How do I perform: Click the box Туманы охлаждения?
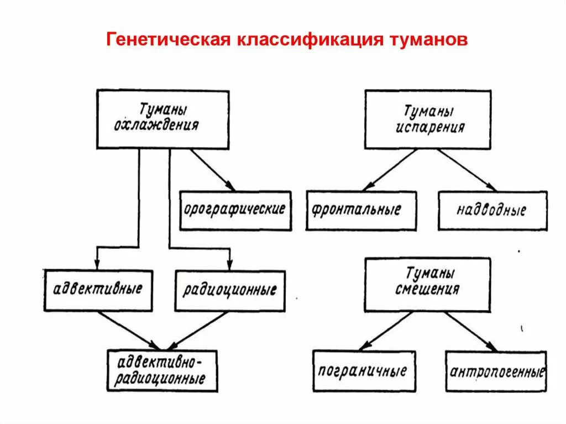tap(163, 119)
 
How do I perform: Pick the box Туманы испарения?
tap(427, 120)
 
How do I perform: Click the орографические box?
tap(235, 211)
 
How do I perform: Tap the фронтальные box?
tap(361, 211)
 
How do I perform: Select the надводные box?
tap(492, 211)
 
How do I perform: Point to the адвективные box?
tap(99, 290)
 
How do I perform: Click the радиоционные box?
tap(230, 290)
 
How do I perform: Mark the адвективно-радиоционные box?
tap(162, 371)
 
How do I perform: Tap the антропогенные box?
tap(496, 371)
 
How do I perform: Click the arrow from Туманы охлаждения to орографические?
tap(213, 170)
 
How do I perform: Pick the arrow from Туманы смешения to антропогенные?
tap(470, 331)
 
